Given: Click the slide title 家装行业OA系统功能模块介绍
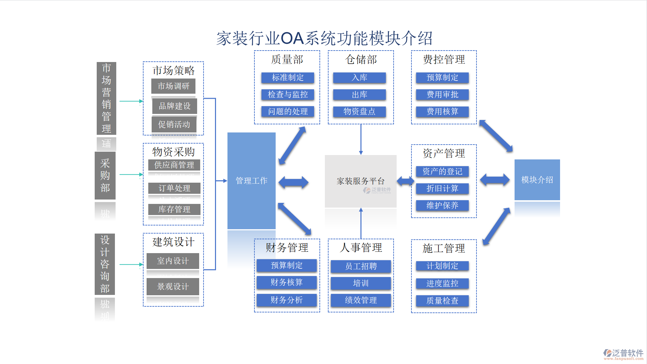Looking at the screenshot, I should [x=324, y=38].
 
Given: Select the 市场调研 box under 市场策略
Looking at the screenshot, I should [x=173, y=86].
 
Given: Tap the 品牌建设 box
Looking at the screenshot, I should [x=175, y=106].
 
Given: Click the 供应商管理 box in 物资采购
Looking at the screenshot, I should [x=174, y=165].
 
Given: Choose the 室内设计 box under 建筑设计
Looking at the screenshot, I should [x=173, y=261].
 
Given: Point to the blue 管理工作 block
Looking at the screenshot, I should [x=251, y=181].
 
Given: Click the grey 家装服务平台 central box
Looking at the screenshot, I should [x=360, y=181].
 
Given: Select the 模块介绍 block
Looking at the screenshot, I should [x=537, y=180].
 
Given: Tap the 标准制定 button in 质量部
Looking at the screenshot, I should [x=287, y=78].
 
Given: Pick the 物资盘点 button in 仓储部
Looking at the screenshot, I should [x=359, y=112].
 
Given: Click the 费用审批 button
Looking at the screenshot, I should [x=442, y=95].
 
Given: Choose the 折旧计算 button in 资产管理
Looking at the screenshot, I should [x=442, y=188].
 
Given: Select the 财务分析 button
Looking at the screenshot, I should [x=286, y=300].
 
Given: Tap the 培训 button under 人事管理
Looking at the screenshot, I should [x=361, y=283].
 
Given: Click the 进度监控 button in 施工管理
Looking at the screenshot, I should [x=442, y=283].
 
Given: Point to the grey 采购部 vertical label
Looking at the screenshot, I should [x=105, y=175].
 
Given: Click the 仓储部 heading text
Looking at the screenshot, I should [x=361, y=60].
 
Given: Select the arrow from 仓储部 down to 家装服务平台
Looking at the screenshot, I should [x=361, y=139].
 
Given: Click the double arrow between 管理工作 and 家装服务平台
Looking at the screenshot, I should [x=293, y=182].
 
